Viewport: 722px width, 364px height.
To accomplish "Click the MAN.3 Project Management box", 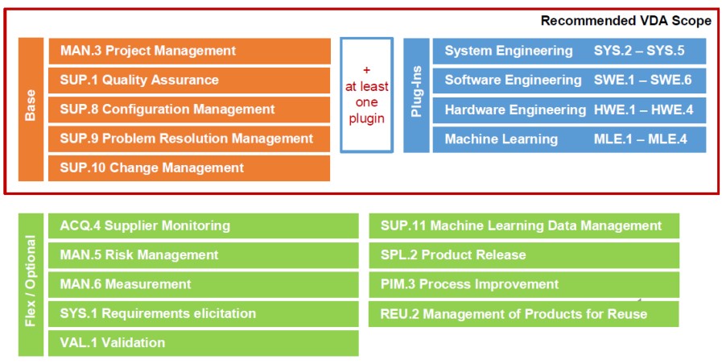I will click(189, 51).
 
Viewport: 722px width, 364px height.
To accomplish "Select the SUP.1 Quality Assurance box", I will click(189, 81).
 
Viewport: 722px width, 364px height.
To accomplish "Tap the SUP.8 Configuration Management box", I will click(189, 110).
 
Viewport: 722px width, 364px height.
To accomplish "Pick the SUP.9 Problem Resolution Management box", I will click(189, 139).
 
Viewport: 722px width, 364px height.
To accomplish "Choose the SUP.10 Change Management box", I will click(189, 168).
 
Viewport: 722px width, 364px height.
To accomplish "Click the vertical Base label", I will click(31, 110).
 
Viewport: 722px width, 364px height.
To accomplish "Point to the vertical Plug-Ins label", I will click(416, 95).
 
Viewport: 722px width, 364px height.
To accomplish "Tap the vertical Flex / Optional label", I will click(31, 284).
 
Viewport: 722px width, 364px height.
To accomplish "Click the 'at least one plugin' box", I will click(366, 94).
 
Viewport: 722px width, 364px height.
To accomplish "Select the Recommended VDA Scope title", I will click(625, 21).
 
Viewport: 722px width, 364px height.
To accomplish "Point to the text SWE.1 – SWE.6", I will click(642, 81).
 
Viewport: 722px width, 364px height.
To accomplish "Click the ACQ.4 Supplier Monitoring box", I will click(203, 226).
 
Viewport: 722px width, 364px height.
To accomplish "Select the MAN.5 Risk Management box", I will click(203, 255).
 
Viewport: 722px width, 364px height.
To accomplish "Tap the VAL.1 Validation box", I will click(203, 343).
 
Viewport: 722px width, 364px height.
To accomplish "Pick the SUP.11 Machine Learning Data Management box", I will click(523, 226).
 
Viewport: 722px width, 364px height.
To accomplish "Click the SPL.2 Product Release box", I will click(523, 255).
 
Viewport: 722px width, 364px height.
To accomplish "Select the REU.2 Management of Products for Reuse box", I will click(523, 314).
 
